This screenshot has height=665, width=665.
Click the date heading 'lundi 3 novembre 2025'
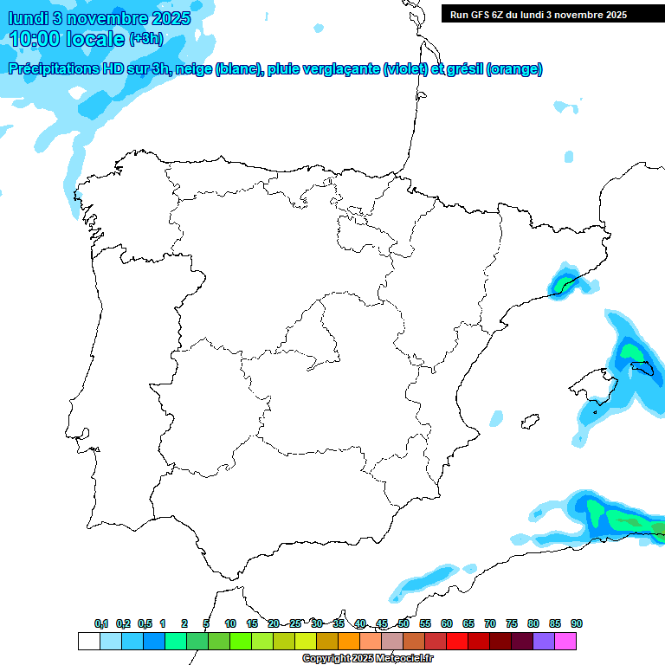[x=100, y=18]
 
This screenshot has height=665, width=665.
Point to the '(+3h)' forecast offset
[x=145, y=39]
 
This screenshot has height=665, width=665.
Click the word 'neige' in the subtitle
[x=197, y=69]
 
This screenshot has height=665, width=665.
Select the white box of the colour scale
[x=88, y=642]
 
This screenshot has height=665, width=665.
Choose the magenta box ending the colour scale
[x=565, y=642]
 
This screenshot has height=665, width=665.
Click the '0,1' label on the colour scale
[x=101, y=624]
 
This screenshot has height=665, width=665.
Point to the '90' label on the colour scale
[x=576, y=624]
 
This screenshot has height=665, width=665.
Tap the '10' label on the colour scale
[x=229, y=624]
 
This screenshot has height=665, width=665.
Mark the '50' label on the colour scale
[x=403, y=624]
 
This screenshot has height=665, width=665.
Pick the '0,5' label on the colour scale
[x=145, y=624]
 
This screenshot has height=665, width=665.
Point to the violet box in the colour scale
[x=544, y=642]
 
